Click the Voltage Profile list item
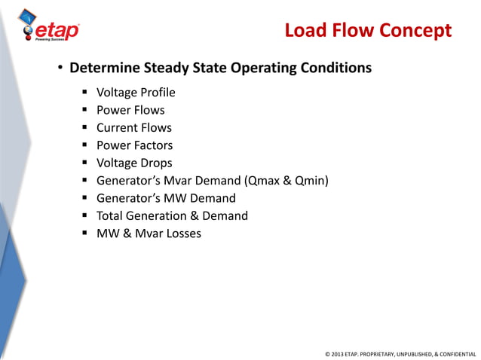[136, 93]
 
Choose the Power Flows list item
[130, 111]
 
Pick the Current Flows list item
[134, 128]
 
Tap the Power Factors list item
[134, 145]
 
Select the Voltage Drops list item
[134, 163]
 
